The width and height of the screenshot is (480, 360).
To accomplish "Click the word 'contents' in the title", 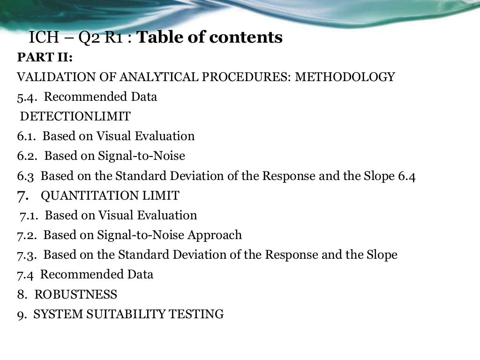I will click(246, 37).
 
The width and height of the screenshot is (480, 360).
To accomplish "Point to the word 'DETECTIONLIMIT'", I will click(75, 116).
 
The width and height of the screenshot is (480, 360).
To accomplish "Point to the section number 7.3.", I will click(27, 255).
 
